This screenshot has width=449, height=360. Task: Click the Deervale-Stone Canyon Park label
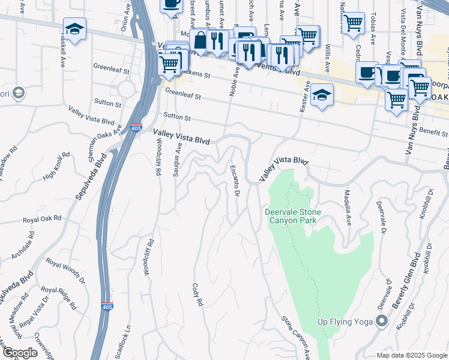293,217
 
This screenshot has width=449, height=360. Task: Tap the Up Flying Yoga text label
345,322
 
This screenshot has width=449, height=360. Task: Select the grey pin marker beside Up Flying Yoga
381,322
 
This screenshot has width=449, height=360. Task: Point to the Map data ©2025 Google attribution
412,355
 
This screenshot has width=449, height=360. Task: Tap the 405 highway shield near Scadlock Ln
106,307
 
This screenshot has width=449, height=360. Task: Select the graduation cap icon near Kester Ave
322,95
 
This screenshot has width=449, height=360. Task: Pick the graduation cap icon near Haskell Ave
74,29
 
